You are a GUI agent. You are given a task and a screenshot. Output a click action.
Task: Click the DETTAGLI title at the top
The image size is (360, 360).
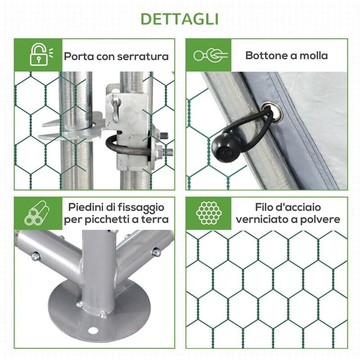coord(180,19)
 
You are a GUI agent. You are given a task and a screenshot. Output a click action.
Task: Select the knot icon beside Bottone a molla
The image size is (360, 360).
coord(210,55)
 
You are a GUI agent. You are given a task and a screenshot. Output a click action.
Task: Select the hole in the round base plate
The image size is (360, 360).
coord(93,331)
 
